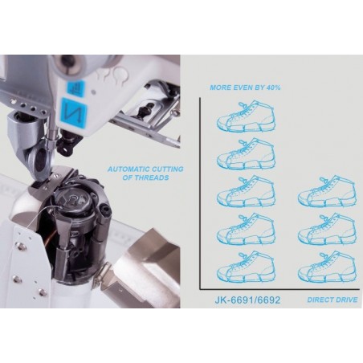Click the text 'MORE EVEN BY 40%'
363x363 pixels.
245,88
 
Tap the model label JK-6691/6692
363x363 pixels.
247,300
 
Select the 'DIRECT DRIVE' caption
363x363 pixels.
332,300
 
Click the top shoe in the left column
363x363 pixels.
246,116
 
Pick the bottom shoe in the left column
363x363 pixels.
246,267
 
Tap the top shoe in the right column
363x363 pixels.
327,191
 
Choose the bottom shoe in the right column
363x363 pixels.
327,267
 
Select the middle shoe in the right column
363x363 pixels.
327,229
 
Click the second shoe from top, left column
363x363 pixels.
246,153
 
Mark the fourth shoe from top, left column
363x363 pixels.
246,229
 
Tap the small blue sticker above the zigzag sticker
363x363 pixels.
75,88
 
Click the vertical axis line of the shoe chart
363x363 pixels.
200,194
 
